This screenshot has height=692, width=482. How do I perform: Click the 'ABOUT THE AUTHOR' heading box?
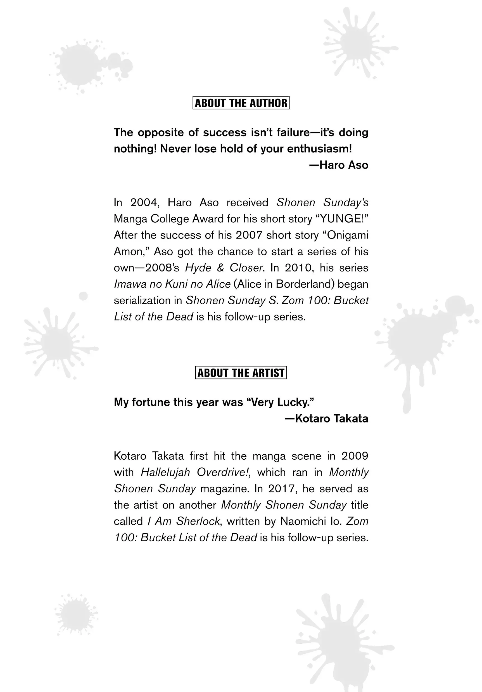(x=241, y=103)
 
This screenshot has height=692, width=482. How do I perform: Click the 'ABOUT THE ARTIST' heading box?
(x=241, y=372)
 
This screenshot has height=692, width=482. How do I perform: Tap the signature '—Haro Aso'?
(x=339, y=165)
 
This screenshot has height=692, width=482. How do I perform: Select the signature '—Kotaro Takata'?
(x=327, y=418)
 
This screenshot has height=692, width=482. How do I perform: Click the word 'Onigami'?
(x=347, y=235)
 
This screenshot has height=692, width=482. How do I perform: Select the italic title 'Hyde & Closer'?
(x=224, y=268)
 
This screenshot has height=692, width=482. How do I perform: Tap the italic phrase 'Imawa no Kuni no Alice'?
(x=172, y=284)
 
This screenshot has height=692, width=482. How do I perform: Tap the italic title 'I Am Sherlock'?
(x=184, y=521)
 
